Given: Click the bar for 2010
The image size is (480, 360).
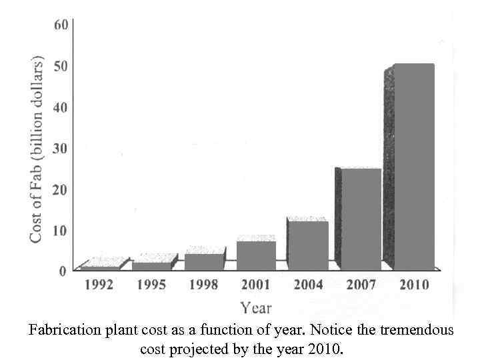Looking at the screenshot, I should (413, 167).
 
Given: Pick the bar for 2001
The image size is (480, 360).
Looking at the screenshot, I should (256, 255).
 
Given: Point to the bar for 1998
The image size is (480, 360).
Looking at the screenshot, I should (204, 262).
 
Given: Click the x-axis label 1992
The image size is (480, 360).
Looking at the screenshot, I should (98, 285).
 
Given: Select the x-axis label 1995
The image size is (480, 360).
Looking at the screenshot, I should (151, 285).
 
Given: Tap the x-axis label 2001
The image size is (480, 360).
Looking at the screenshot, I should (255, 285).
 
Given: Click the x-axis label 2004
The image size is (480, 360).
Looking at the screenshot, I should (308, 285).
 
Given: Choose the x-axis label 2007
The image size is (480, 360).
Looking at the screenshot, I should (361, 285).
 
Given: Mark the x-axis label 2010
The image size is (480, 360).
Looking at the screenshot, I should (413, 285).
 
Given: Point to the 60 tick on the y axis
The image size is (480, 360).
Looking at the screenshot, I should (61, 25).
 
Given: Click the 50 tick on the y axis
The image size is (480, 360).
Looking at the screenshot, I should (61, 66).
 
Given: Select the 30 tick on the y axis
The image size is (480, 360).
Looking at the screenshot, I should (61, 148).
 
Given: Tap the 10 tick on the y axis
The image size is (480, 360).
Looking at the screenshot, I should (61, 230).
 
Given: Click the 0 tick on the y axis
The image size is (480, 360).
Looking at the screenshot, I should (63, 271).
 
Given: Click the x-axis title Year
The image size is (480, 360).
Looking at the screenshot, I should (256, 308).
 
